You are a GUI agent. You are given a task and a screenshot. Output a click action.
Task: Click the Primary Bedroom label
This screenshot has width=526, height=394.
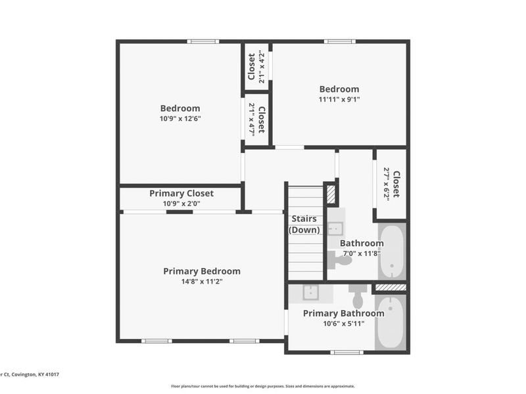point(202,271)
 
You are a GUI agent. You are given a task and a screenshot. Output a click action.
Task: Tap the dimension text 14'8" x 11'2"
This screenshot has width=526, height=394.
point(202,282)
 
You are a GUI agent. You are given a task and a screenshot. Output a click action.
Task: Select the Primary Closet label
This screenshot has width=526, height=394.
point(181,193)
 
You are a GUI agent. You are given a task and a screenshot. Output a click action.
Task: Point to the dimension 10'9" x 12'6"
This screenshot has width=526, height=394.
point(179,119)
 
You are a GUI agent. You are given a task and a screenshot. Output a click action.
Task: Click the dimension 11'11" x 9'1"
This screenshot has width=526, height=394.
point(339,100)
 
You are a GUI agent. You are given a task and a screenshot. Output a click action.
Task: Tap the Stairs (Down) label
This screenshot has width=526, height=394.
point(304,224)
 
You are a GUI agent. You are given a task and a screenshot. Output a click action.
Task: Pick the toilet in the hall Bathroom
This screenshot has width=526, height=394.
point(341,260)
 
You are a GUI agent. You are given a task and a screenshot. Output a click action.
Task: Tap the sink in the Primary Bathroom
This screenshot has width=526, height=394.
point(311,292)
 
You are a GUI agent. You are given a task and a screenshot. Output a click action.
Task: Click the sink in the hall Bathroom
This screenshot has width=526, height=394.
point(335,228)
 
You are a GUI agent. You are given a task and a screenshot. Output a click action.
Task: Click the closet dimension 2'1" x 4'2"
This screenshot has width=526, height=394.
point(262,67)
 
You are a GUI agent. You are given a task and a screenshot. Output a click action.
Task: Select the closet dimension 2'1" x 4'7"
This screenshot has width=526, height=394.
point(251,120)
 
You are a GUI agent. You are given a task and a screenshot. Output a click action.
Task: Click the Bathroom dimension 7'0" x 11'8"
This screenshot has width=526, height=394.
point(360,253)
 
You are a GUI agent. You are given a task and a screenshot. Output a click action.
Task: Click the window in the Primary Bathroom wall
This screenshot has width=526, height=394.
point(347,353)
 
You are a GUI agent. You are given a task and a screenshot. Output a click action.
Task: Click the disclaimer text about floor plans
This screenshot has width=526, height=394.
point(262,386)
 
